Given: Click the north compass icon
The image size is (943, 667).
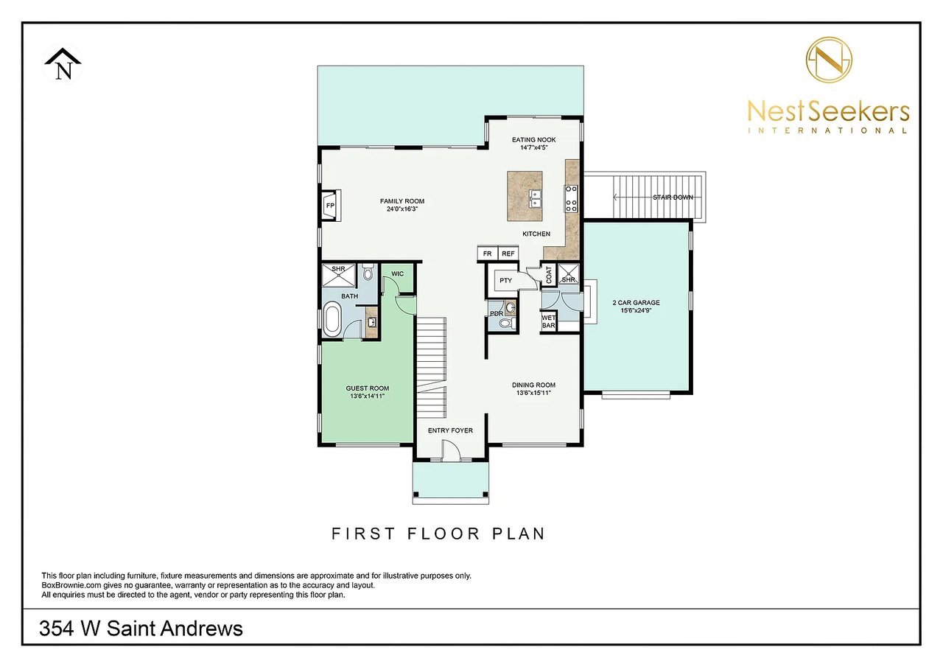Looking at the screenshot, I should (x=63, y=65).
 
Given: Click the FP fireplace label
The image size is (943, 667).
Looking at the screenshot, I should (x=330, y=205).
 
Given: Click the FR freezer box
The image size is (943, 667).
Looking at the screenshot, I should (x=487, y=254).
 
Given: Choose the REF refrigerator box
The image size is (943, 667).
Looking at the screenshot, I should (x=508, y=254).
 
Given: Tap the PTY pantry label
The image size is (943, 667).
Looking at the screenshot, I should (x=505, y=281).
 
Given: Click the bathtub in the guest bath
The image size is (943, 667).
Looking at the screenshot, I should (x=332, y=320).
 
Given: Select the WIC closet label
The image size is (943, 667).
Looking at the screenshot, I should (x=398, y=273).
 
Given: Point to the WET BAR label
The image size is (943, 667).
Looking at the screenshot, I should (x=548, y=321).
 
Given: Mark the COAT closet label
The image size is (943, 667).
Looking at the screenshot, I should (x=549, y=275).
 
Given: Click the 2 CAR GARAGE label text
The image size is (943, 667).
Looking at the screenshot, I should (x=636, y=302).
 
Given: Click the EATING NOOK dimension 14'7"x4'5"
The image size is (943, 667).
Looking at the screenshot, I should (x=534, y=148).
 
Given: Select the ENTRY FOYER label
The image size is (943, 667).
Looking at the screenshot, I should (x=450, y=430).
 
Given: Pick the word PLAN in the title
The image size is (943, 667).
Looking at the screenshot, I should (x=519, y=533).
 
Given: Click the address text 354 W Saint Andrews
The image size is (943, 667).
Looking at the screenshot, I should (x=141, y=629).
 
